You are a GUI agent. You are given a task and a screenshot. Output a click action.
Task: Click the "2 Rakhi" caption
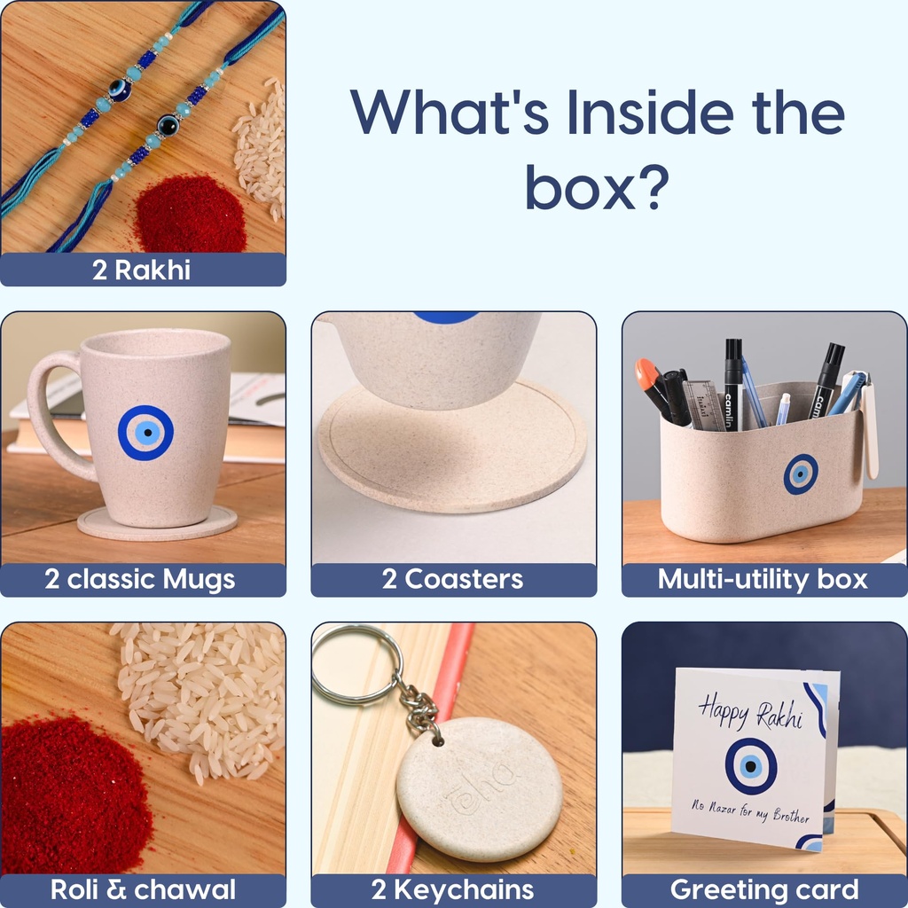[141, 270]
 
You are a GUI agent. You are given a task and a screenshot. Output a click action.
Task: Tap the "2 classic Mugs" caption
[140, 579]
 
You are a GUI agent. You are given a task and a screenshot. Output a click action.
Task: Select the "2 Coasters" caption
[452, 579]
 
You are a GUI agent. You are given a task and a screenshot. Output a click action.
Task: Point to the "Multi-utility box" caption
[763, 579]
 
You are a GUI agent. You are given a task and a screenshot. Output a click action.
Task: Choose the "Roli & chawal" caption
[143, 889]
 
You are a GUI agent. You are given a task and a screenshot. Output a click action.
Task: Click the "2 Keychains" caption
[452, 890]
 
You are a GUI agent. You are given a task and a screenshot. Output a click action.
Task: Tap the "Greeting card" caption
[764, 890]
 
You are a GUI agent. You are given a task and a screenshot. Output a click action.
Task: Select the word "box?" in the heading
[597, 187]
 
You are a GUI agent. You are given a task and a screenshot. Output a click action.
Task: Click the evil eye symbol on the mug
[146, 433]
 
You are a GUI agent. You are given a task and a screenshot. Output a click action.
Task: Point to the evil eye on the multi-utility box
[801, 474]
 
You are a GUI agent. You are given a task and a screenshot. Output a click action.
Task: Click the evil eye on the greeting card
[751, 766]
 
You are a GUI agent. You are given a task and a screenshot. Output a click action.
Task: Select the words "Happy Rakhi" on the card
[750, 712]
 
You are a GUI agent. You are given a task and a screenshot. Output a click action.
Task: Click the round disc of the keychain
[480, 789]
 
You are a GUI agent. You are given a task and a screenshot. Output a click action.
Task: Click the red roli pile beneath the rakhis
[191, 215]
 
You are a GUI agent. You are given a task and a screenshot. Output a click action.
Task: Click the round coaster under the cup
[452, 446]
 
